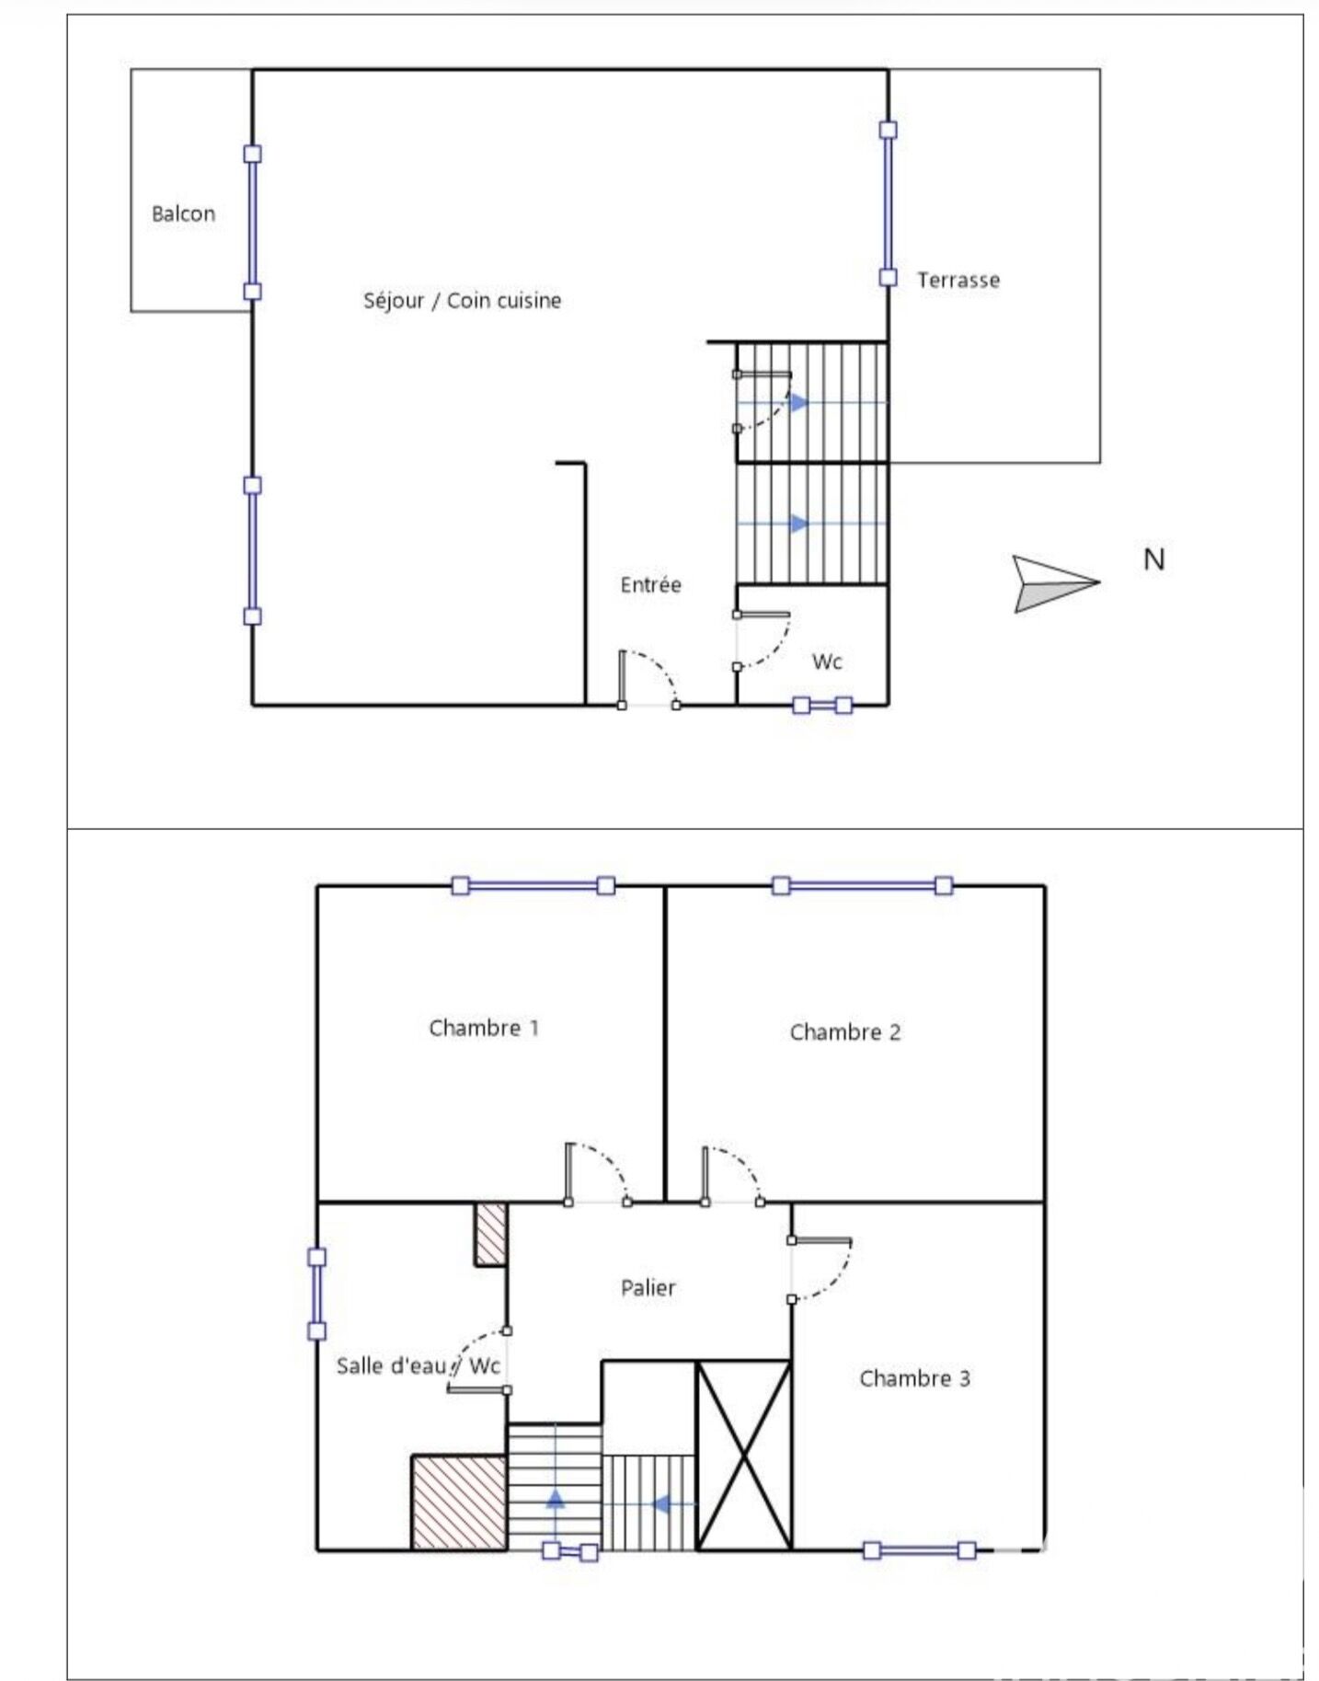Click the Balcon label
tap(183, 213)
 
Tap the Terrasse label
tap(958, 280)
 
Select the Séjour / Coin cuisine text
tap(462, 301)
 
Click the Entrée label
tap(650, 585)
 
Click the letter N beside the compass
tap(1153, 559)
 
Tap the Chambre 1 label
tap(484, 1028)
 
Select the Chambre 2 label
tap(845, 1032)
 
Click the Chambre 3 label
tap(914, 1378)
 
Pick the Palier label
tap(648, 1288)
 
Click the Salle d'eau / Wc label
tap(418, 1365)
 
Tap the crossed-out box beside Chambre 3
tap(743, 1455)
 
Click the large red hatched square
tap(459, 1503)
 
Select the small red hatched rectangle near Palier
tap(490, 1233)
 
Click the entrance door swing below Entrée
tap(648, 678)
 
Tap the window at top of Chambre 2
tap(862, 886)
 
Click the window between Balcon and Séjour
tap(252, 223)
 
